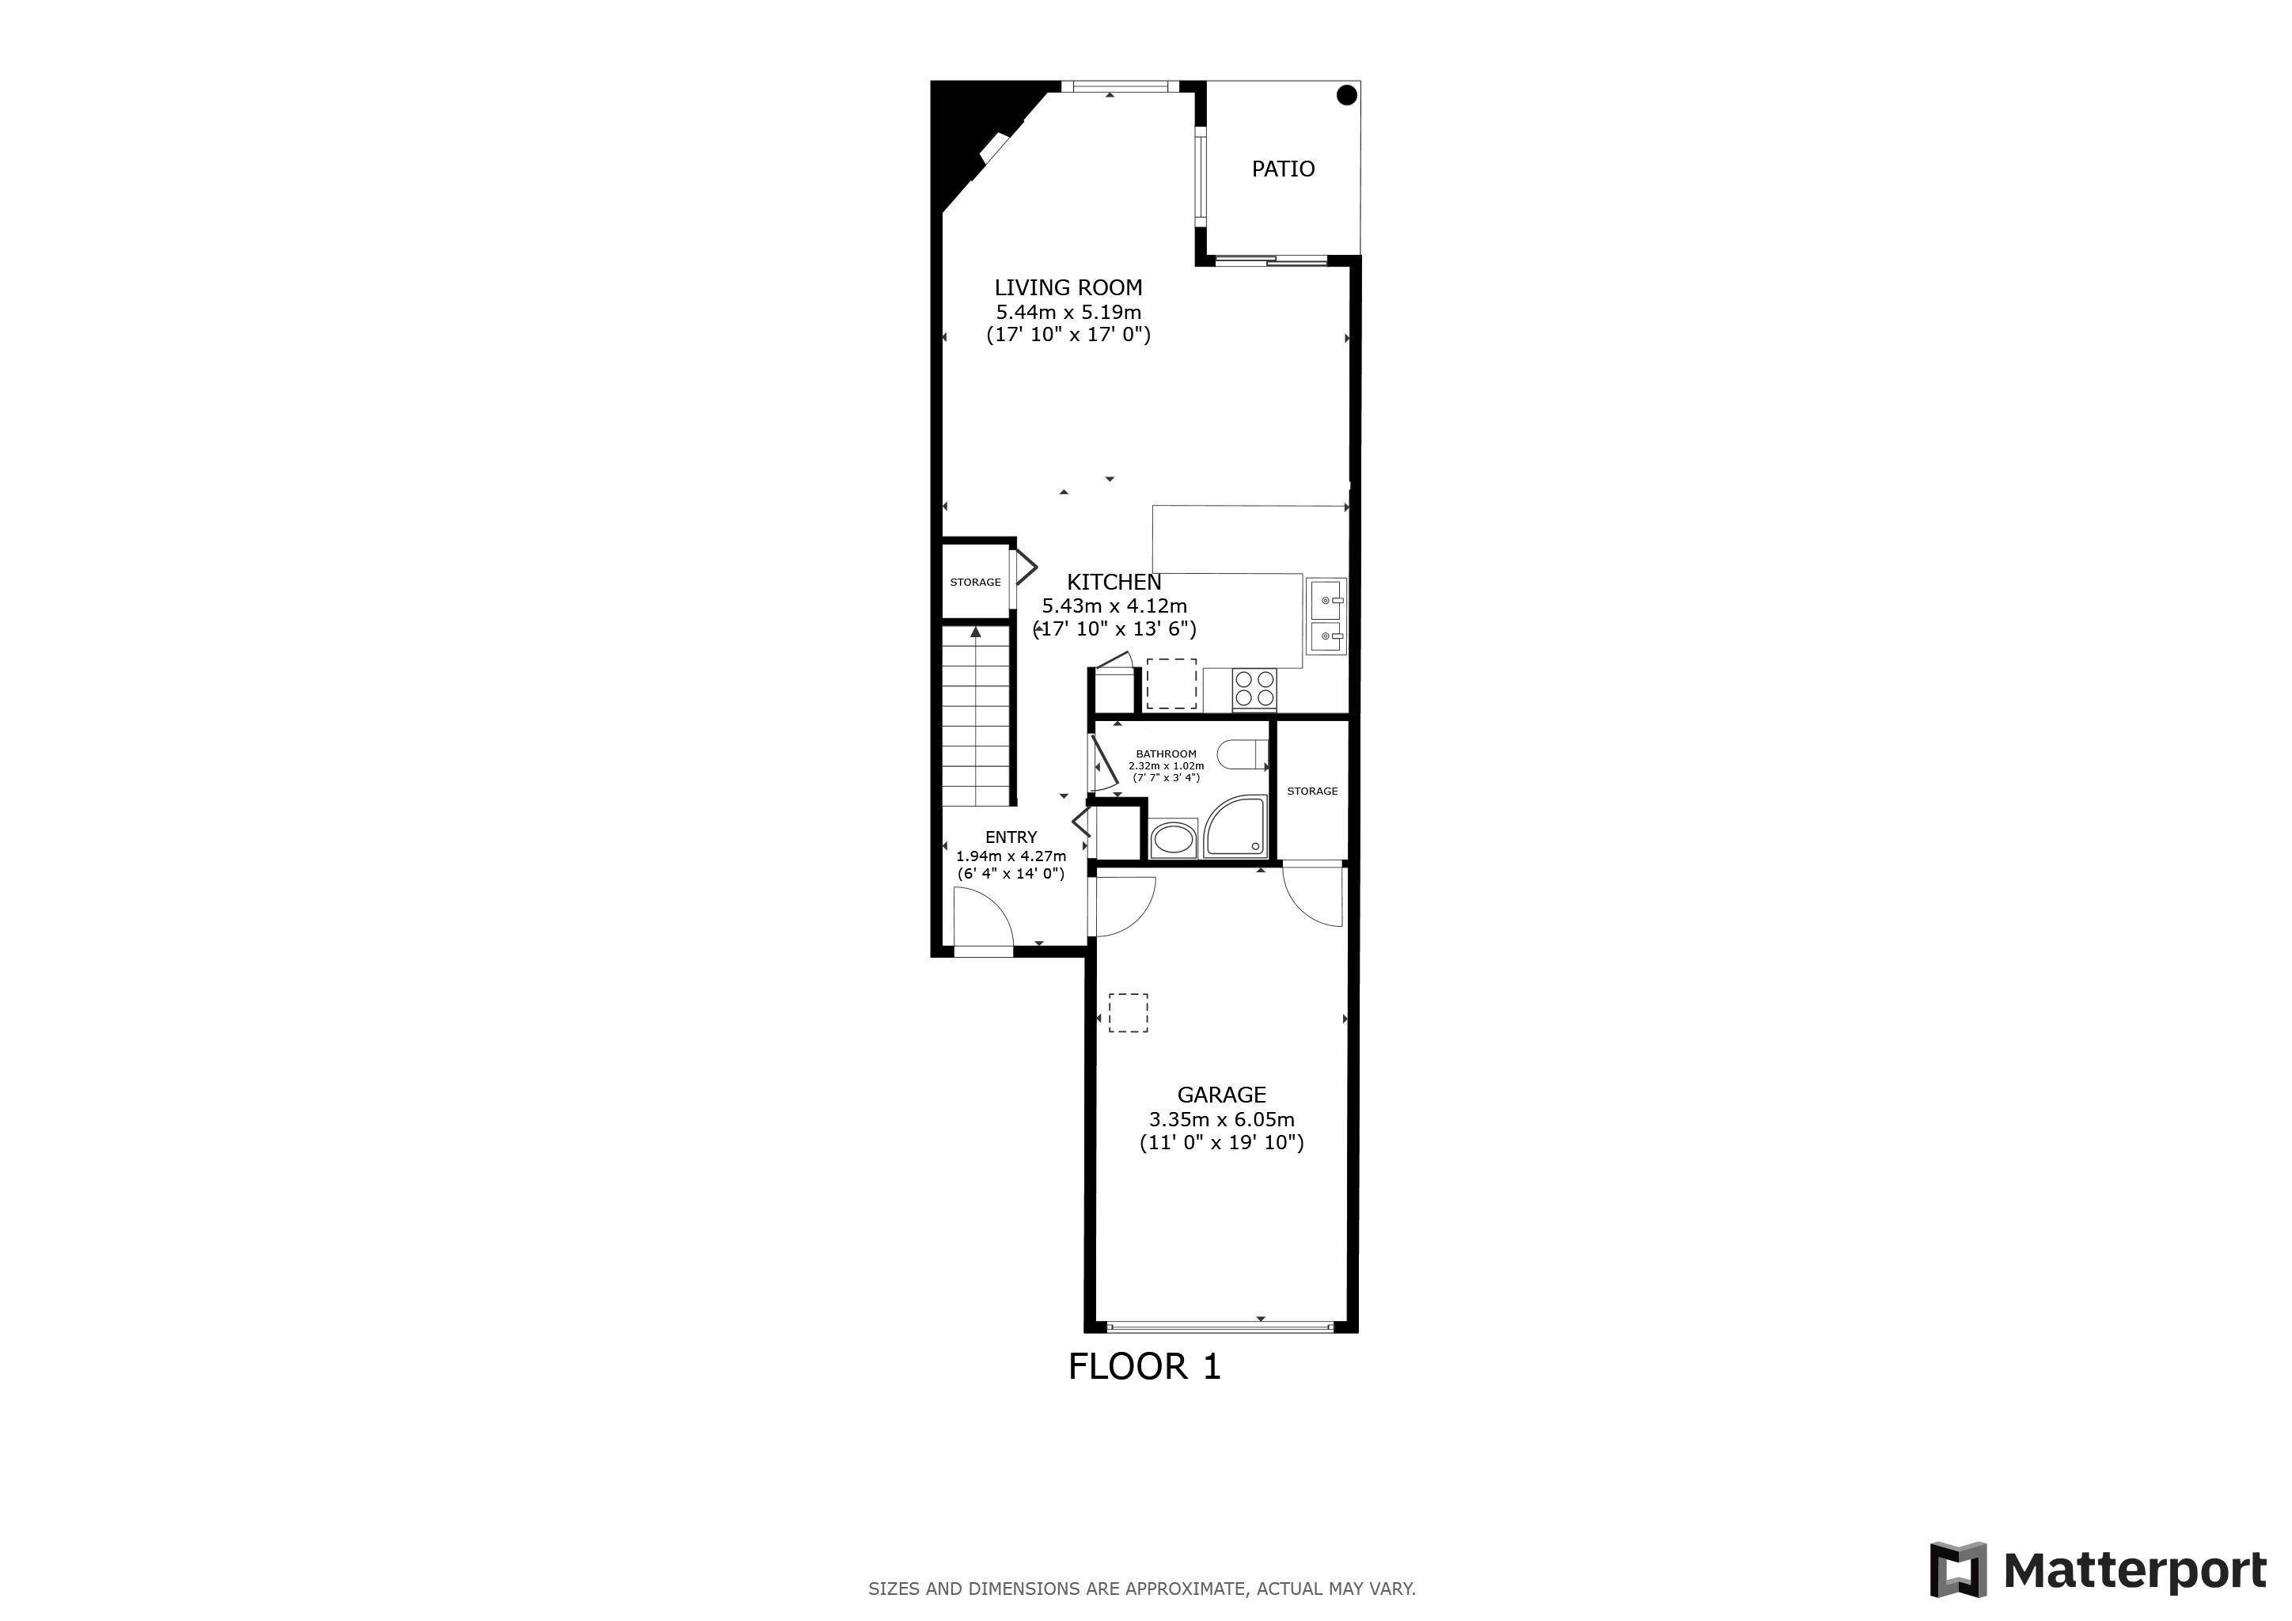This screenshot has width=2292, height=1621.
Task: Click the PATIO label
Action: coord(1283,169)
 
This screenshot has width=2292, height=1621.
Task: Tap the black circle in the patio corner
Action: coord(1347,96)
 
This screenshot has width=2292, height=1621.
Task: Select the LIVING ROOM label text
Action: coord(1068,287)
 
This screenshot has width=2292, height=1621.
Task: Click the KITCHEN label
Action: coord(1114,582)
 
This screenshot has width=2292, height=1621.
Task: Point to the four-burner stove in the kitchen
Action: coord(1254,689)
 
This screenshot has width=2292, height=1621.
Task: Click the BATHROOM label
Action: coord(1166,754)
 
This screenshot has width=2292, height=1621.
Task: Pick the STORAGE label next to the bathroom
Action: coord(1311,792)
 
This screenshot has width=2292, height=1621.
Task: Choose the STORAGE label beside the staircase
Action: coord(975,582)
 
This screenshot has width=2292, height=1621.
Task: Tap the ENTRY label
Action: coord(1011,837)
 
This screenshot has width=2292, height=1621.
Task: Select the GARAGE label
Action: coord(1222,1095)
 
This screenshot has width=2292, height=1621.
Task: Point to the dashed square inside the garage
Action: coord(1128,1012)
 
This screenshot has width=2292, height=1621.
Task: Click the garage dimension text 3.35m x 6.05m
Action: coord(1222,1119)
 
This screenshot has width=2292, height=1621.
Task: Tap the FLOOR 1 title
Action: coord(1144,1366)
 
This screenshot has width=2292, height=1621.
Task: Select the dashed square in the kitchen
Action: coord(1171,684)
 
